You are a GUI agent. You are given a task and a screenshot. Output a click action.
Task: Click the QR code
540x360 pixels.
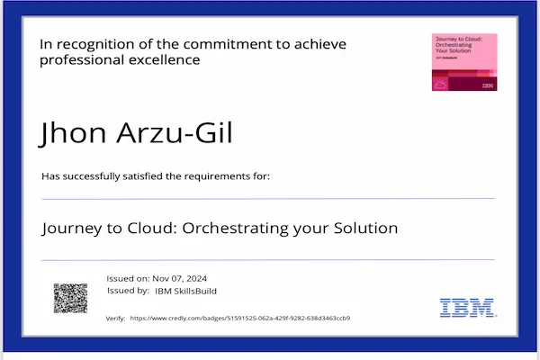[x=70, y=298]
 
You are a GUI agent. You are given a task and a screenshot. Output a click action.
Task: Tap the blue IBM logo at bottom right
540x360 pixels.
[x=467, y=307]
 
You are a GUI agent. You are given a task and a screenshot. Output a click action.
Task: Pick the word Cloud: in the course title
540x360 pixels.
[x=154, y=228]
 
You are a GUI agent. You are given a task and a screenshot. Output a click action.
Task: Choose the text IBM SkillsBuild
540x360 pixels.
[x=186, y=291]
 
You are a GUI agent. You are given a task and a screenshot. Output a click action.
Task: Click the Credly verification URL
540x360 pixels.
[x=239, y=318]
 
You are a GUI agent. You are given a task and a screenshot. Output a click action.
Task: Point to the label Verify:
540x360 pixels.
[x=115, y=318]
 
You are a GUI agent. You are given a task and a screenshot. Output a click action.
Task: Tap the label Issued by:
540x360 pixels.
[x=128, y=291]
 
